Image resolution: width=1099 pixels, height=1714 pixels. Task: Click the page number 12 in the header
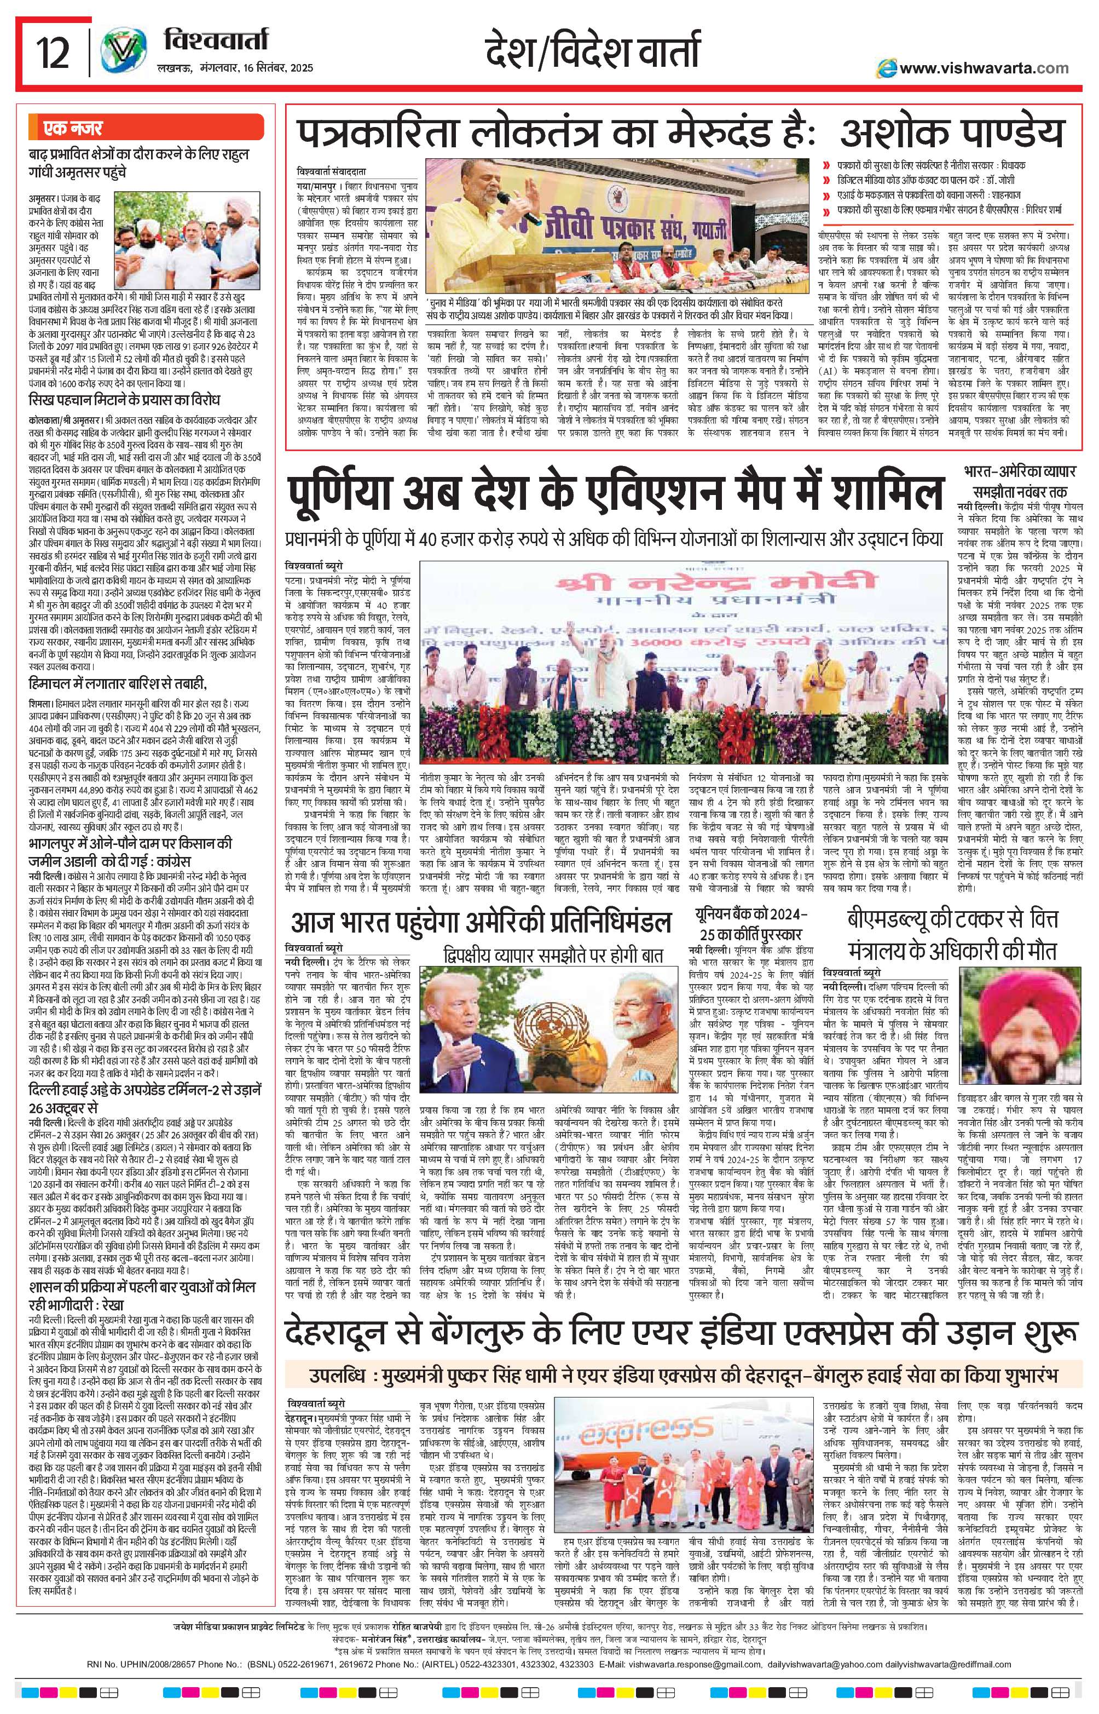click(x=54, y=53)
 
